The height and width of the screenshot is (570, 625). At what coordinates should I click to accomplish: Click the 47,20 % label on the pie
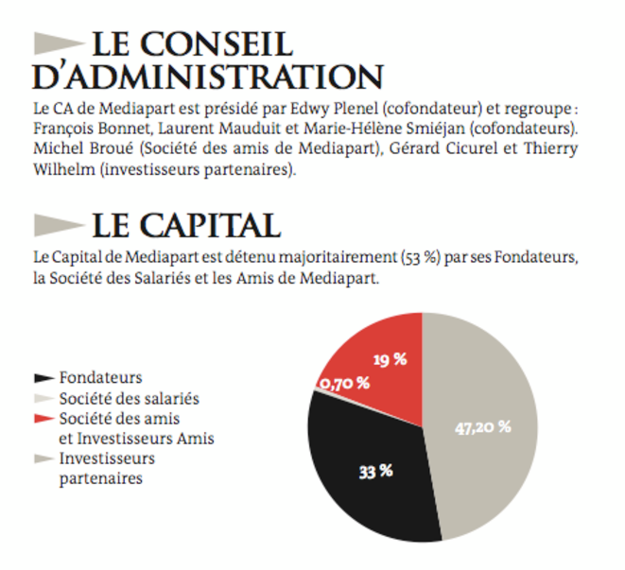[483, 427]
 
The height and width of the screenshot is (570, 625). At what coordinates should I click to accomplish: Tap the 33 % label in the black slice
[376, 472]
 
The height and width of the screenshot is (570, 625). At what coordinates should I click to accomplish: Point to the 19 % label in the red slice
[391, 360]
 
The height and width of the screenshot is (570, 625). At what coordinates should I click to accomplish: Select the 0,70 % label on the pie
[345, 384]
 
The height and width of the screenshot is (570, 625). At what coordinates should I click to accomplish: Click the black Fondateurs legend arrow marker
[44, 378]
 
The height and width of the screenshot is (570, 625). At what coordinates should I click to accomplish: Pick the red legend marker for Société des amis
[44, 419]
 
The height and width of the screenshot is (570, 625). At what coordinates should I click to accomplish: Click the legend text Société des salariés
[130, 399]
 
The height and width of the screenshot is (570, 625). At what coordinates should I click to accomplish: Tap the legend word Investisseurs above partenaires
[107, 458]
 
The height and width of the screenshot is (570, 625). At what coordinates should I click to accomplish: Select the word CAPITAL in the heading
[210, 226]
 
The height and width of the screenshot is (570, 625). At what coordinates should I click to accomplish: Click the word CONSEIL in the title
[217, 44]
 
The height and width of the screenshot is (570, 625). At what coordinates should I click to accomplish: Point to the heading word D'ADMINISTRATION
[208, 77]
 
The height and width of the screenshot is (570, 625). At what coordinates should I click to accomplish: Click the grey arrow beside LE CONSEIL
[60, 43]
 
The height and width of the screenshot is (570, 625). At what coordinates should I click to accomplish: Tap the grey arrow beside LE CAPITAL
[60, 225]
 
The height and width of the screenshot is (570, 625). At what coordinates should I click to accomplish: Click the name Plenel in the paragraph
[356, 109]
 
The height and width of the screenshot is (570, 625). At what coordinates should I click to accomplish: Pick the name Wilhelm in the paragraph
[64, 169]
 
